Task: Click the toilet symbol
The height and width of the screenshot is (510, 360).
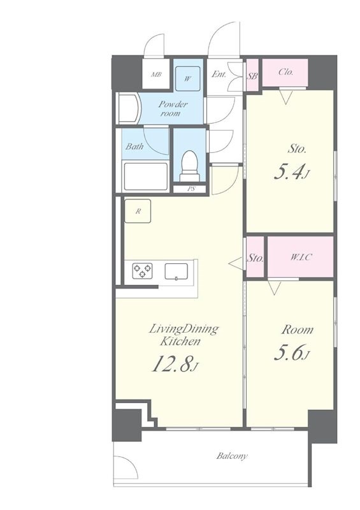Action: [191, 166]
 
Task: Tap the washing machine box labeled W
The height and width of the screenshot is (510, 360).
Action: [187, 78]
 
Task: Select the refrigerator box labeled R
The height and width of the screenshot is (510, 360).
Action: [138, 211]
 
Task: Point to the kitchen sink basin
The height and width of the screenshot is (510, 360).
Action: [176, 272]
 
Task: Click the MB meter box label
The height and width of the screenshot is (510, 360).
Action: [156, 75]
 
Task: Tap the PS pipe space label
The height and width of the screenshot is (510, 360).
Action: [191, 189]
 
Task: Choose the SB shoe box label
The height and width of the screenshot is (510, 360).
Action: [252, 76]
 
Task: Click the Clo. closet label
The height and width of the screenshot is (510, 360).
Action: [286, 72]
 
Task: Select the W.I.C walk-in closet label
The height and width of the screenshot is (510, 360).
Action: [301, 258]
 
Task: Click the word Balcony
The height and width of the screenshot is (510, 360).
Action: [232, 456]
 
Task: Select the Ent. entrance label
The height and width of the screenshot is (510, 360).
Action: [219, 74]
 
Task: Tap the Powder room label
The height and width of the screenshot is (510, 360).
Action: [173, 108]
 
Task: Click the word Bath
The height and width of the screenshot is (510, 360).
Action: [134, 147]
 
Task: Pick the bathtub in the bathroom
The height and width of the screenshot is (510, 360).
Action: [145, 176]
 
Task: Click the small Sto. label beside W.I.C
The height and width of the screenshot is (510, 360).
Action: [255, 258]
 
